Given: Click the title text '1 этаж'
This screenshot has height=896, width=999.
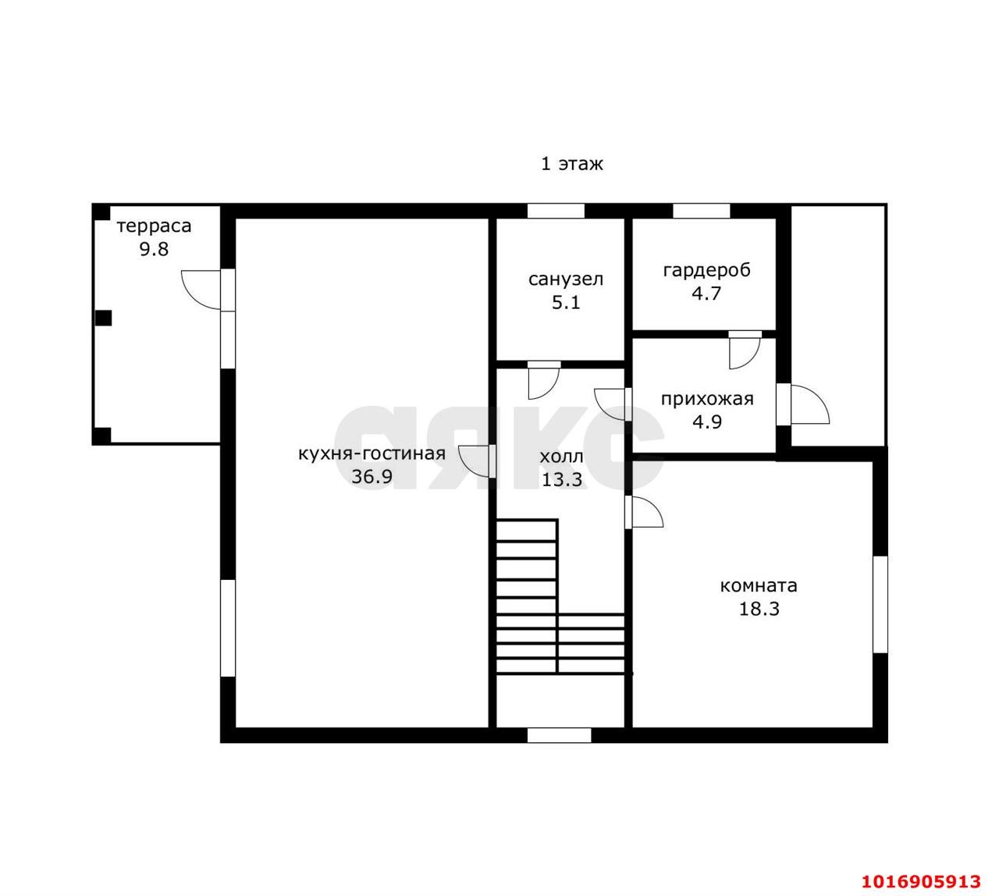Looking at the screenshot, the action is [x=571, y=164].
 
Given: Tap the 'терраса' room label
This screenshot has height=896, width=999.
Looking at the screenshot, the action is [x=154, y=226].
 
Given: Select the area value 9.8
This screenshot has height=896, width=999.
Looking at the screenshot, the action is [x=154, y=250].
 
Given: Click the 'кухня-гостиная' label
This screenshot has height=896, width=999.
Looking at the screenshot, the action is [x=372, y=453].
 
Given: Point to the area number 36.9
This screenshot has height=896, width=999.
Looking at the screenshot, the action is [x=372, y=477].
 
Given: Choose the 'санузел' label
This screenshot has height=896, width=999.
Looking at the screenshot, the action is [x=566, y=279].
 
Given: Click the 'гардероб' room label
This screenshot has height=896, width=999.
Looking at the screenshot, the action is [x=706, y=270].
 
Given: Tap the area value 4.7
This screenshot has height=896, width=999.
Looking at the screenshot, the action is [x=706, y=294].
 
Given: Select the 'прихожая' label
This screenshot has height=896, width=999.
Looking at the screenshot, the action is [x=707, y=399].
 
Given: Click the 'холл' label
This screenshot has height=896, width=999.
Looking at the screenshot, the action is [x=562, y=457].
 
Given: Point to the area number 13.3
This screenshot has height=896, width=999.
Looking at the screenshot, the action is [x=562, y=479].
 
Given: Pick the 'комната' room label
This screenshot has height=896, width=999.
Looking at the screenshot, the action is [x=759, y=586].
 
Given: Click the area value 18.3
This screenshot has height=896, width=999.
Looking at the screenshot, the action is [x=759, y=609].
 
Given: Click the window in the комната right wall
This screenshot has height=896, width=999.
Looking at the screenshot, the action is [x=880, y=605].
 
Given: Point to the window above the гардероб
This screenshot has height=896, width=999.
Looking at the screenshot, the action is [x=701, y=211].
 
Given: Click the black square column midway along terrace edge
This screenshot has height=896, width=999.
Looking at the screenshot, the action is [x=103, y=318].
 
